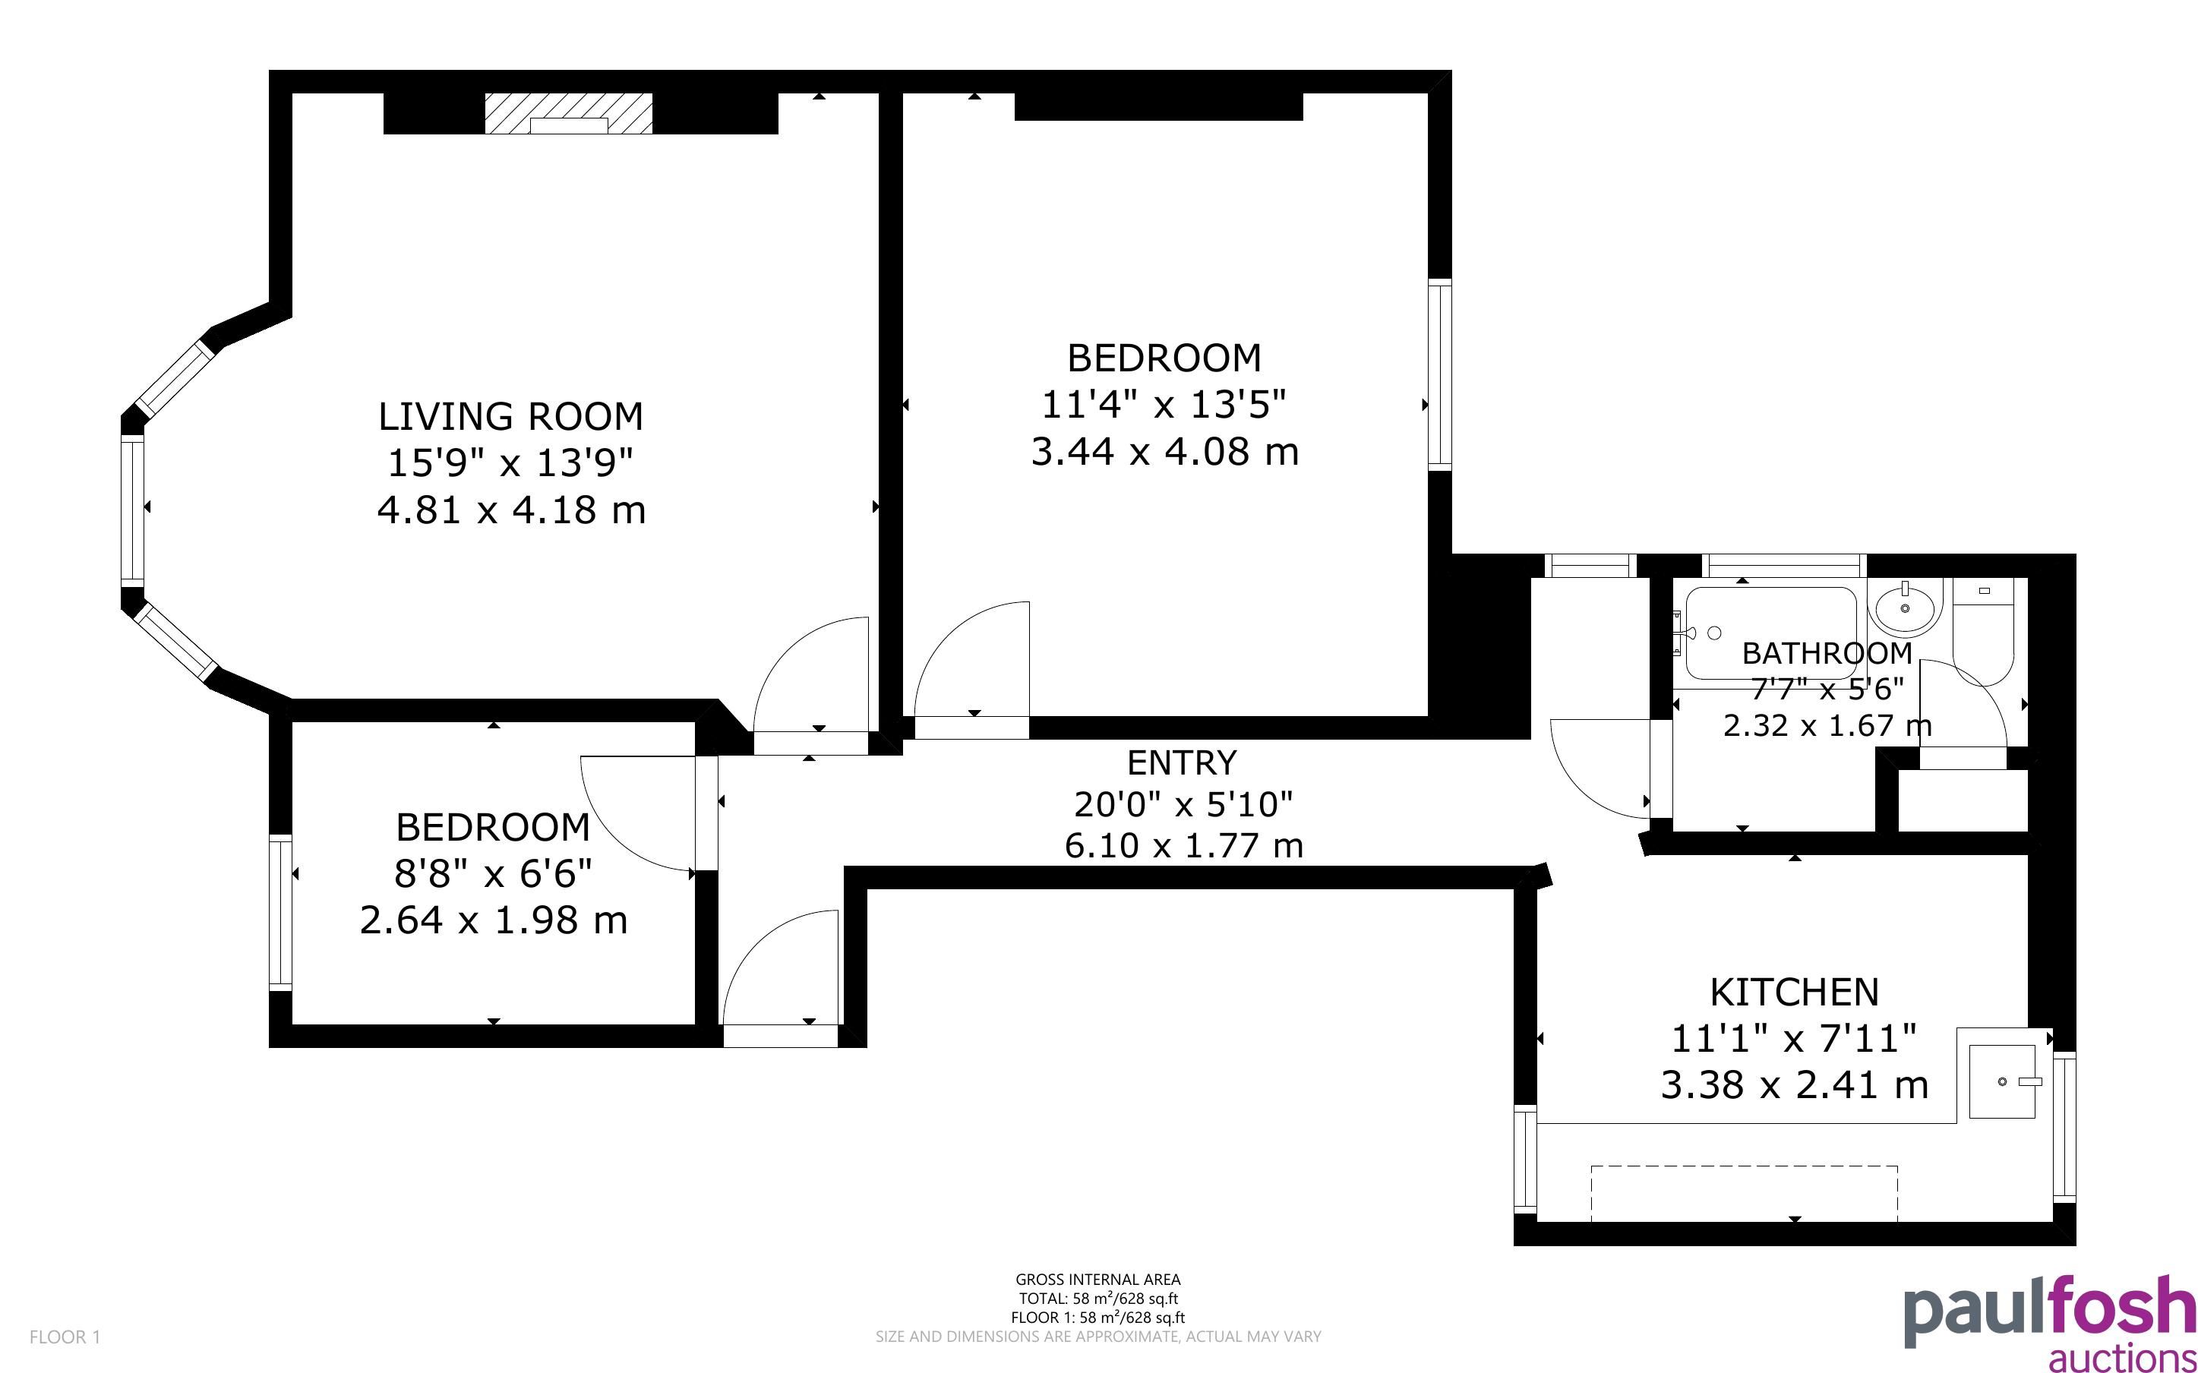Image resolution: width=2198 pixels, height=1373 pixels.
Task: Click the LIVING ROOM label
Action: (x=510, y=417)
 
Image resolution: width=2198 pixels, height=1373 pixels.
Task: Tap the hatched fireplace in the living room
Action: (x=568, y=113)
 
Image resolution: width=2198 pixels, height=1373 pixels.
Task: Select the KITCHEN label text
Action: (x=1794, y=993)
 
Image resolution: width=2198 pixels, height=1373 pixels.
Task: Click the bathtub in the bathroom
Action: (x=1770, y=632)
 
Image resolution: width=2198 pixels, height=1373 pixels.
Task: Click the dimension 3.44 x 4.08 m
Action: (x=1165, y=451)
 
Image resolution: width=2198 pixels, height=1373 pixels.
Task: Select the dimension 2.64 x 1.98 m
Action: (x=494, y=921)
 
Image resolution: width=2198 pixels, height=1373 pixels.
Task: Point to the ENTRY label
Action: (x=1182, y=762)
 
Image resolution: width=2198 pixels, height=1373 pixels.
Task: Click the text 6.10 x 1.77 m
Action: (x=1184, y=845)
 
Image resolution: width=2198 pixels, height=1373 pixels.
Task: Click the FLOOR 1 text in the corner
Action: (x=65, y=1337)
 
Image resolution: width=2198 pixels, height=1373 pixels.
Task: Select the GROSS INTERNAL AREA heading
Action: (x=1097, y=1280)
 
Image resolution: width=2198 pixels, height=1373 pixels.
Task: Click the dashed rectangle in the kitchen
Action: (x=1744, y=1193)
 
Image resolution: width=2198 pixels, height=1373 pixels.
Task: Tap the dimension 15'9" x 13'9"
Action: (x=510, y=463)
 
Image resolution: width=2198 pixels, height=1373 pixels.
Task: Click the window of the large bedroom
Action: (x=1440, y=375)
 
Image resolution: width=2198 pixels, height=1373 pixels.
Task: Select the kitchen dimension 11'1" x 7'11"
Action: (x=1794, y=1038)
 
